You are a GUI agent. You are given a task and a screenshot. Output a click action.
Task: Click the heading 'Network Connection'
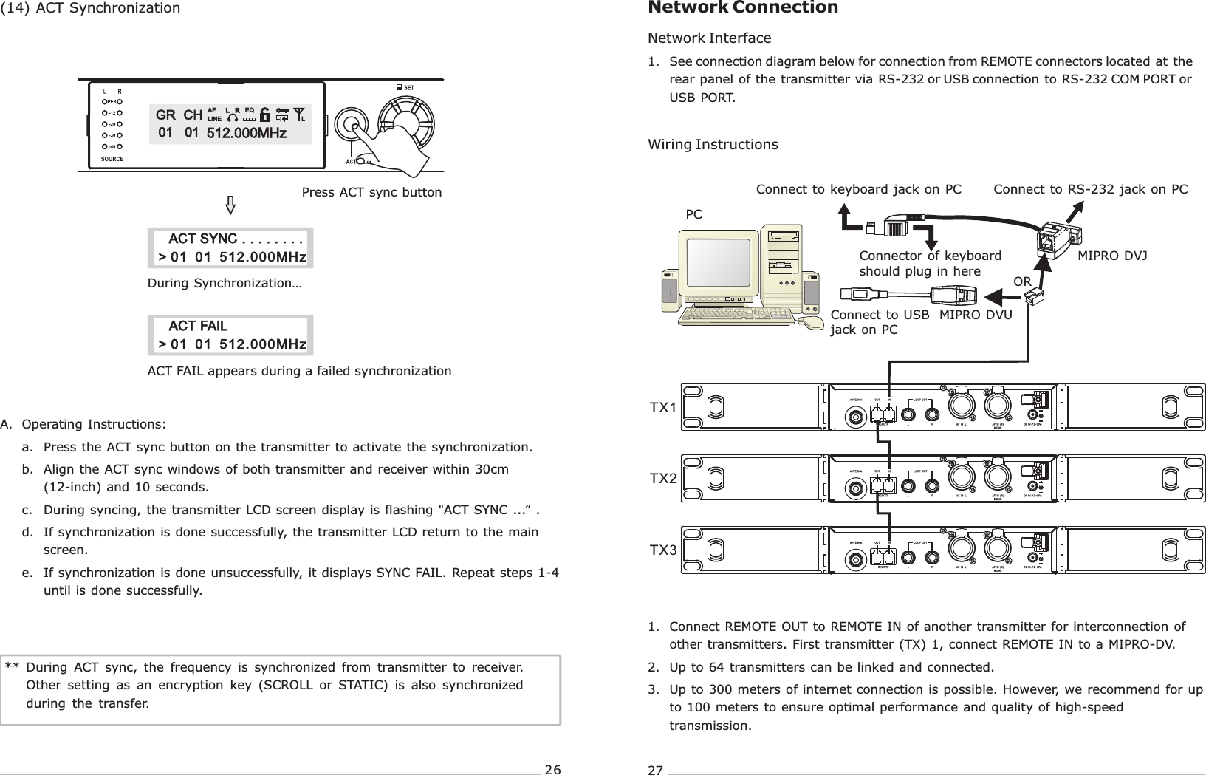point(742,8)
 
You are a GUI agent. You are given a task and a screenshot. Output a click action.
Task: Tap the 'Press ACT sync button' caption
point(371,193)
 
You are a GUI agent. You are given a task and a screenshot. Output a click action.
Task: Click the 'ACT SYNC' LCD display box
point(230,248)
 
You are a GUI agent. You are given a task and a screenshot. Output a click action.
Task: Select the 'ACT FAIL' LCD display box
point(230,335)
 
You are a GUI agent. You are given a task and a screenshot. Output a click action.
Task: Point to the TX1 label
point(663,408)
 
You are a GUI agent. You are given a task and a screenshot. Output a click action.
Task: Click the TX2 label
point(663,479)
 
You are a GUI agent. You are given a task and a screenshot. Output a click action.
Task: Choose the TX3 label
point(663,550)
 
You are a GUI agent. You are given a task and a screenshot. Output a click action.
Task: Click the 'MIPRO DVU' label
point(975,315)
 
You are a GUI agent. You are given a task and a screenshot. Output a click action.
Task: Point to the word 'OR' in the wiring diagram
point(1022,282)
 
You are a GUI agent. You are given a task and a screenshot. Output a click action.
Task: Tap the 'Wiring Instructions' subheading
point(713,145)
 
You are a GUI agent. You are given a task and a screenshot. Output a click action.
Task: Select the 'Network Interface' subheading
point(709,38)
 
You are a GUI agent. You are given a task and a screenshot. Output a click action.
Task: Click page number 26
point(552,770)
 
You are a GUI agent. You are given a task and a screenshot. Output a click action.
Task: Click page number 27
point(655,771)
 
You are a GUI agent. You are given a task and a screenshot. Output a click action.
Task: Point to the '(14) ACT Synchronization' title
point(90,8)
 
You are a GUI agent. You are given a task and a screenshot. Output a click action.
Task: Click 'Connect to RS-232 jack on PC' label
point(1090,190)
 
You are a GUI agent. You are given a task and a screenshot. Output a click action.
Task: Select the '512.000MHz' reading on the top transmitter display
point(246,134)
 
